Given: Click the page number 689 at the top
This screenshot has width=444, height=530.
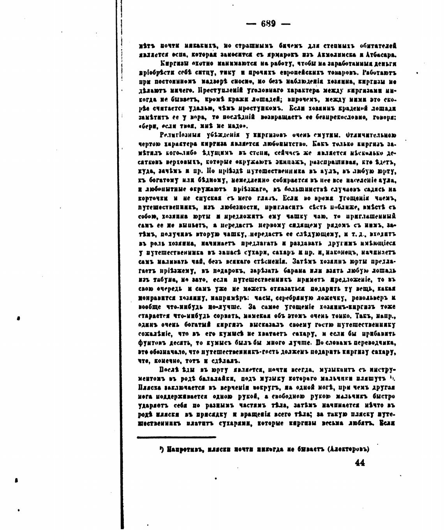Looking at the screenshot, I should tap(268, 24).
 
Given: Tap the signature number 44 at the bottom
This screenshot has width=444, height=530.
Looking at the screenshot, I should tap(360, 463).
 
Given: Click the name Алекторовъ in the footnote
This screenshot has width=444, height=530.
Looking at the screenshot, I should tap(349, 449).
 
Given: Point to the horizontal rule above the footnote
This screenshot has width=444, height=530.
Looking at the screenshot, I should tap(176, 437).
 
